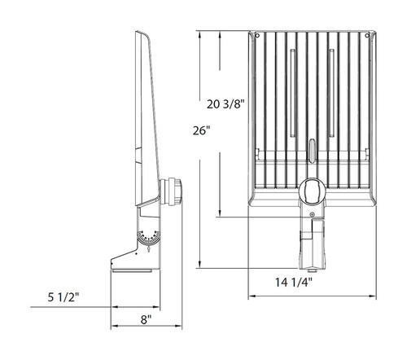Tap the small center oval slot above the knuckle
tap(312, 150)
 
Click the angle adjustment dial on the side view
tap(147, 239)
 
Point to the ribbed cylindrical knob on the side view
tap(173, 191)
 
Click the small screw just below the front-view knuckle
tap(313, 211)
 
